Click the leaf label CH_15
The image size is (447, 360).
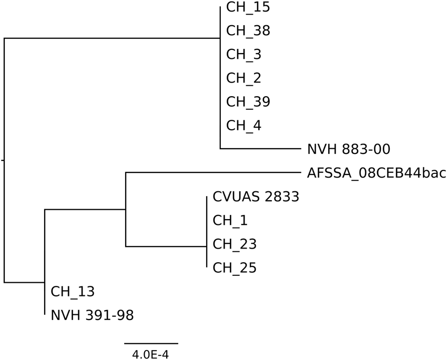pyautogui.click(x=248, y=7)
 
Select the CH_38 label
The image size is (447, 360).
pyautogui.click(x=248, y=31)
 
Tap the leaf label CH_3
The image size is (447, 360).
pyautogui.click(x=243, y=55)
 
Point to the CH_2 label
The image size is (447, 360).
pyautogui.click(x=243, y=78)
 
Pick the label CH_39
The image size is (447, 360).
pyautogui.click(x=248, y=102)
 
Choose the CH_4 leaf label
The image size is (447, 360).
pyautogui.click(x=243, y=126)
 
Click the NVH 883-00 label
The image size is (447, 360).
pyautogui.click(x=348, y=150)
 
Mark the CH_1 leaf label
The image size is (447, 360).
pyautogui.click(x=230, y=221)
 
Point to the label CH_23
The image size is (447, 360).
pyautogui.click(x=235, y=244)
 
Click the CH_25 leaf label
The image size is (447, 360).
pyautogui.click(x=235, y=268)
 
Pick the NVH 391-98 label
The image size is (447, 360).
pyautogui.click(x=92, y=315)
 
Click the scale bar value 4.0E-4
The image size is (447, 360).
pyautogui.click(x=150, y=355)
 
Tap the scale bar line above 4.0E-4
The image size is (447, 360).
pyautogui.click(x=151, y=343)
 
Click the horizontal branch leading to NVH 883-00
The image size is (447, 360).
pyautogui.click(x=260, y=149)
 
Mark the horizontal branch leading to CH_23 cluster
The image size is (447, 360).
pyautogui.click(x=166, y=246)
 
